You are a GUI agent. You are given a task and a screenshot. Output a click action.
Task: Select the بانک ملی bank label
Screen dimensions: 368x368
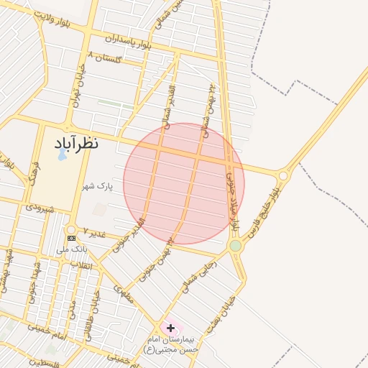[72, 249]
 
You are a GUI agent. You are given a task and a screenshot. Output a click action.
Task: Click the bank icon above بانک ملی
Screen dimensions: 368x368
[71, 238]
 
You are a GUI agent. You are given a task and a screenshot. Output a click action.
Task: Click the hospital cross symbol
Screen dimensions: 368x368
[170, 328]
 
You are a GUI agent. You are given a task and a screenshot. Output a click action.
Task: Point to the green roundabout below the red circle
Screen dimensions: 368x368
[235, 246]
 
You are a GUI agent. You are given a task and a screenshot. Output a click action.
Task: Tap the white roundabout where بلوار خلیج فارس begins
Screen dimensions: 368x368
[283, 175]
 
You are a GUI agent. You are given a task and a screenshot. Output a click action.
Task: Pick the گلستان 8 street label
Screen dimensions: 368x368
[105, 57]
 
